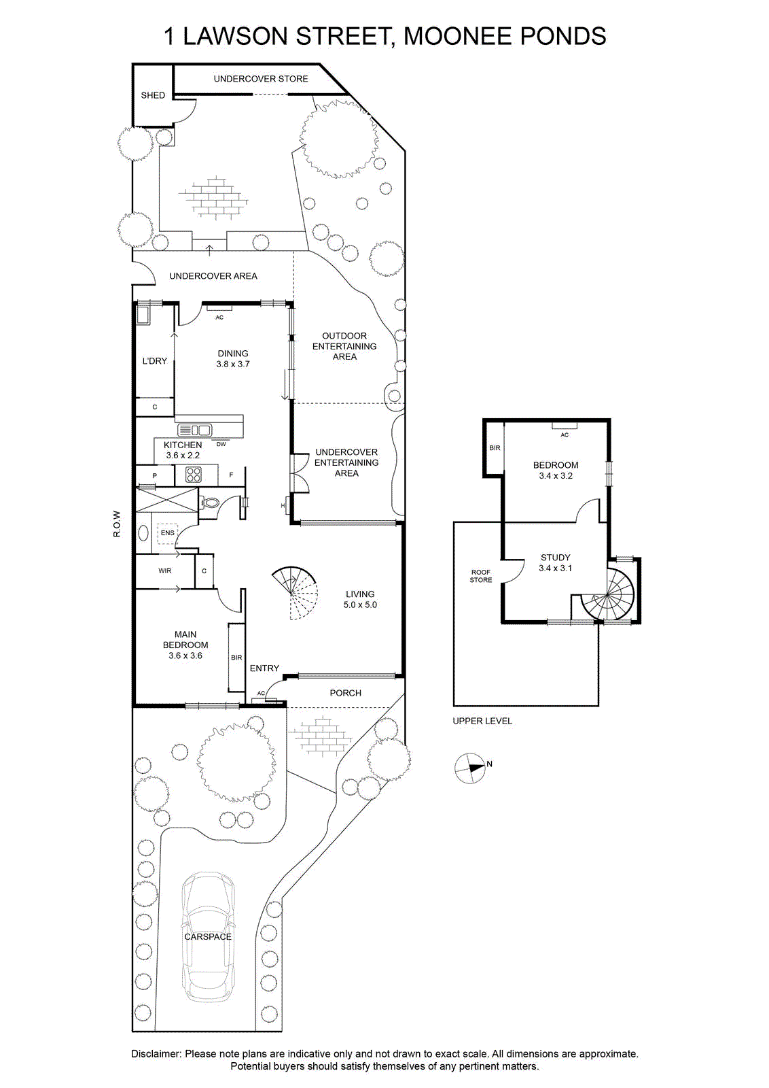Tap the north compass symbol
point(470,768)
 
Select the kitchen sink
point(194,430)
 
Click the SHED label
point(153,95)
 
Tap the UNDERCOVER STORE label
point(261,79)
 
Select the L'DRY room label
point(154,361)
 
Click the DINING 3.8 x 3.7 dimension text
point(233,364)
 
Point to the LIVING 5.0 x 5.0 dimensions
point(360,605)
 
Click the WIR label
point(165,571)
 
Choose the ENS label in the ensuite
point(167,533)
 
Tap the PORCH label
point(346,693)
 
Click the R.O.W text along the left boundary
point(116,524)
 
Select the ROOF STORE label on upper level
point(481,576)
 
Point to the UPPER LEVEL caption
point(482,721)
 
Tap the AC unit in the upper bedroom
point(565,426)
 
